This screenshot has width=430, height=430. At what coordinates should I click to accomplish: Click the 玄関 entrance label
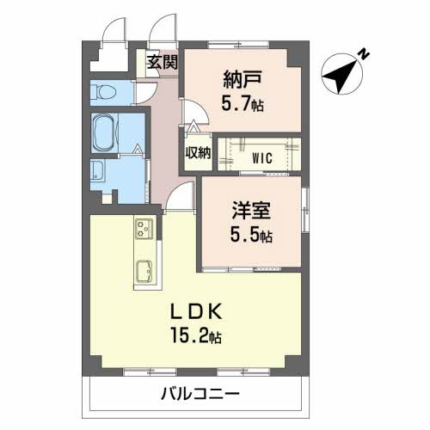coord(161,62)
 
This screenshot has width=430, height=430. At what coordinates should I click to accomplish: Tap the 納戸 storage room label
coord(242,82)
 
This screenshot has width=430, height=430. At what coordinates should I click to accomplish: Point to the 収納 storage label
coord(198,153)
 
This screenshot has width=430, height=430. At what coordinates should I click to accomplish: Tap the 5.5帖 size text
coord(251,233)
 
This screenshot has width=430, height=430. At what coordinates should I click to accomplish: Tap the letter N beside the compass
coord(364,54)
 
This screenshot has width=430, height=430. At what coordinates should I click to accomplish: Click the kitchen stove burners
coord(143,230)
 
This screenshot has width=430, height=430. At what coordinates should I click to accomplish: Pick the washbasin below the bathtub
coord(96,172)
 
